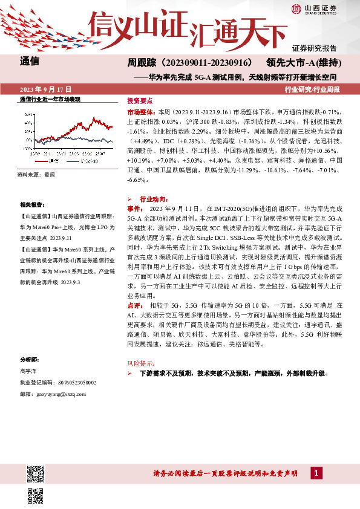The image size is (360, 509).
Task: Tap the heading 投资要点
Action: point(139,101)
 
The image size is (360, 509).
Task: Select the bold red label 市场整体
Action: point(140,112)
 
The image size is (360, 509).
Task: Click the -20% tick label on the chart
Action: point(27,147)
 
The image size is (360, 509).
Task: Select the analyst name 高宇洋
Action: point(28,371)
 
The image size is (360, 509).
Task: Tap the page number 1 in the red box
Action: point(316,472)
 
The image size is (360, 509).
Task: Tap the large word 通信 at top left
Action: point(30,62)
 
